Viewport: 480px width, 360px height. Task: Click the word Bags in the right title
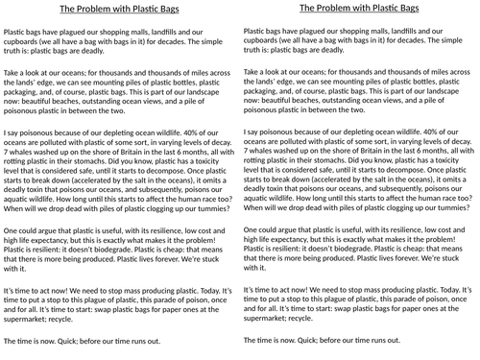click(403, 9)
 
